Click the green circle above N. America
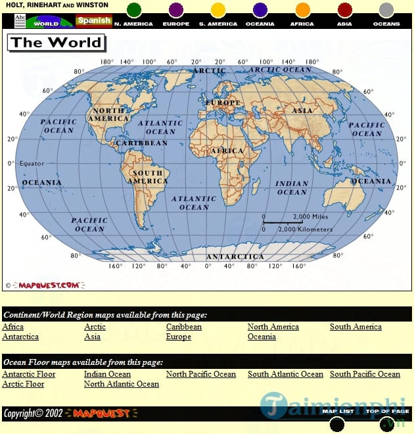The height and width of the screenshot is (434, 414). click(x=134, y=10)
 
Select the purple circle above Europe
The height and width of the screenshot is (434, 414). click(x=176, y=10)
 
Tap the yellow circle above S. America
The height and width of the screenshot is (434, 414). click(x=218, y=10)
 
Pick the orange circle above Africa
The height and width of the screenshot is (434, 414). click(x=302, y=10)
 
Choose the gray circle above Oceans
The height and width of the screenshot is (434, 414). click(x=386, y=10)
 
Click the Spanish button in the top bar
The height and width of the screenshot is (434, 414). click(x=93, y=20)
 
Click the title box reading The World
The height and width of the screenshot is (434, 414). click(x=56, y=43)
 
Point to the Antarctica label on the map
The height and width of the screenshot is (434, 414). click(x=235, y=256)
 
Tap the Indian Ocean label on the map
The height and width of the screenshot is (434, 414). click(x=292, y=188)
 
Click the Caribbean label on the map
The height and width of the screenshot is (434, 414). click(x=141, y=143)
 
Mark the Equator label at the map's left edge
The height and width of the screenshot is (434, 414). click(x=31, y=163)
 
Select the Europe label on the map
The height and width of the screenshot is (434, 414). click(x=223, y=103)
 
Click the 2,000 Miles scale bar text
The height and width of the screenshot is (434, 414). click(x=310, y=217)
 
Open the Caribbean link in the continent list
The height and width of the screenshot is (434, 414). click(x=184, y=327)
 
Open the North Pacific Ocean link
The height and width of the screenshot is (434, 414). click(x=200, y=374)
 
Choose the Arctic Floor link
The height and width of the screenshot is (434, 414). click(x=23, y=384)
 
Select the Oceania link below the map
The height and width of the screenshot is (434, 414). click(x=262, y=337)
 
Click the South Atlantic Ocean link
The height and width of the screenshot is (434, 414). click(x=285, y=374)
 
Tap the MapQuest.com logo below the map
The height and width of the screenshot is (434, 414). click(x=49, y=285)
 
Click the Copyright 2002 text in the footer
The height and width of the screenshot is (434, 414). click(x=33, y=413)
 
